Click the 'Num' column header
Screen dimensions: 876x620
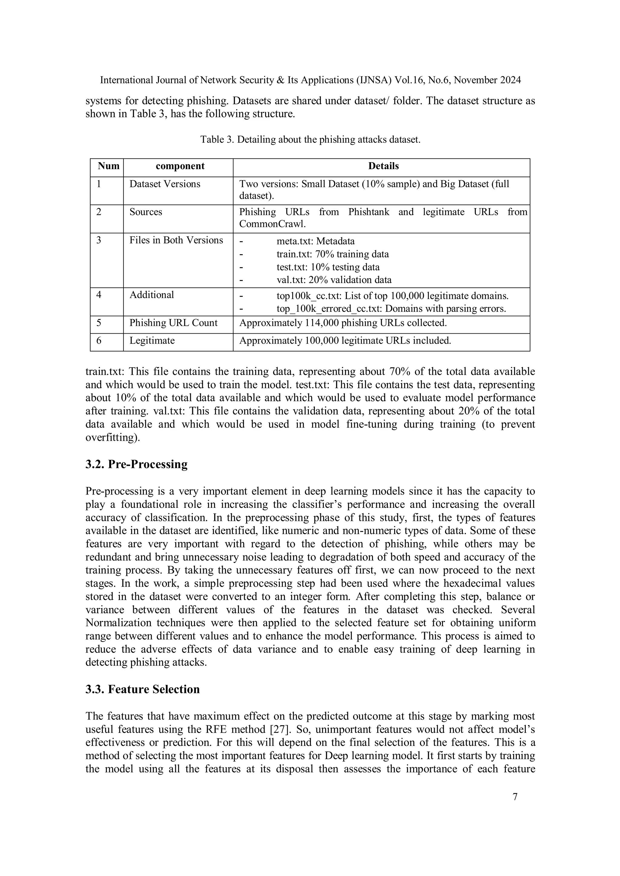tap(108, 166)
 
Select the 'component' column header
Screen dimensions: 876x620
tap(180, 166)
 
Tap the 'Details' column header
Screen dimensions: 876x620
tap(383, 166)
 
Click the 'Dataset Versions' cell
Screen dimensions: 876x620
tap(165, 184)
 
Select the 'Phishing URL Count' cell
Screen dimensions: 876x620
tap(173, 323)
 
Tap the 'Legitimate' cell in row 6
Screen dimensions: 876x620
tap(152, 340)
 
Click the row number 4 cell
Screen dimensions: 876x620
tap(99, 295)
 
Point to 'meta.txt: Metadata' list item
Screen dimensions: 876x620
tap(315, 241)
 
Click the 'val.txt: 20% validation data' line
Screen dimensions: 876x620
tap(334, 280)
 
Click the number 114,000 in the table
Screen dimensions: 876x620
tap(322, 323)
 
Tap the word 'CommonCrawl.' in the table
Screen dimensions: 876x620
tap(272, 224)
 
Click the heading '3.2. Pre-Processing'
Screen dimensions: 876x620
tap(136, 464)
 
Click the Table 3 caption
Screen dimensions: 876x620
tap(310, 140)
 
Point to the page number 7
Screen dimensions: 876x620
tap(515, 797)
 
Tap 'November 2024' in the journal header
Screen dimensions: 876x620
tap(487, 80)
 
